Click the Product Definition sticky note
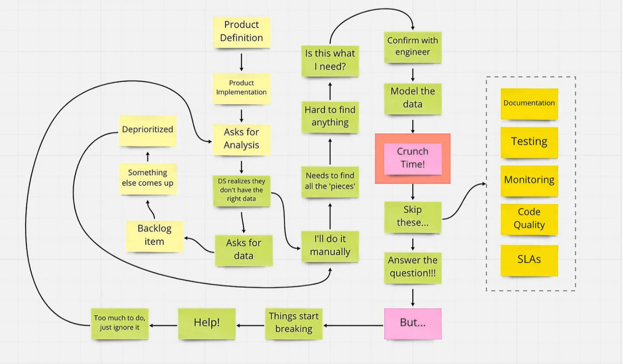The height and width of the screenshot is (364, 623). tap(241, 32)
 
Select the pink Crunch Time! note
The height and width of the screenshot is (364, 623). tap(413, 158)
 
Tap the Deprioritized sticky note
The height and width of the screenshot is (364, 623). tap(147, 130)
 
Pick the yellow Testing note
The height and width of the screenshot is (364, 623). tap(529, 142)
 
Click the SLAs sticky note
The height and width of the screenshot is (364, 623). tap(529, 260)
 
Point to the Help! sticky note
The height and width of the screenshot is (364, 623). tap(207, 323)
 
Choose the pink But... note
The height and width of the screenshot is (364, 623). tap(413, 323)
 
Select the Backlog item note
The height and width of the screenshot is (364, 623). tap(154, 236)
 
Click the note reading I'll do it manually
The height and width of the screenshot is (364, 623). tap(330, 246)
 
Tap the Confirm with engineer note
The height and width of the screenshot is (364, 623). tap(413, 47)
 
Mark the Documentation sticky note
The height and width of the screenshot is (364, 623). tap(529, 103)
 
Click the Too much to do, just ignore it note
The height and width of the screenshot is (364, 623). tap(119, 323)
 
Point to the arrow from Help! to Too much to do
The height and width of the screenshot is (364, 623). tap(163, 325)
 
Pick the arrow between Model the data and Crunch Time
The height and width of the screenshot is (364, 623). tap(413, 126)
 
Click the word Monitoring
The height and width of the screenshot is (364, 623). tap(529, 180)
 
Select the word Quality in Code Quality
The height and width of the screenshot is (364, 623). tap(529, 225)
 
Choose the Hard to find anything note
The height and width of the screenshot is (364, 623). tap(330, 117)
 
